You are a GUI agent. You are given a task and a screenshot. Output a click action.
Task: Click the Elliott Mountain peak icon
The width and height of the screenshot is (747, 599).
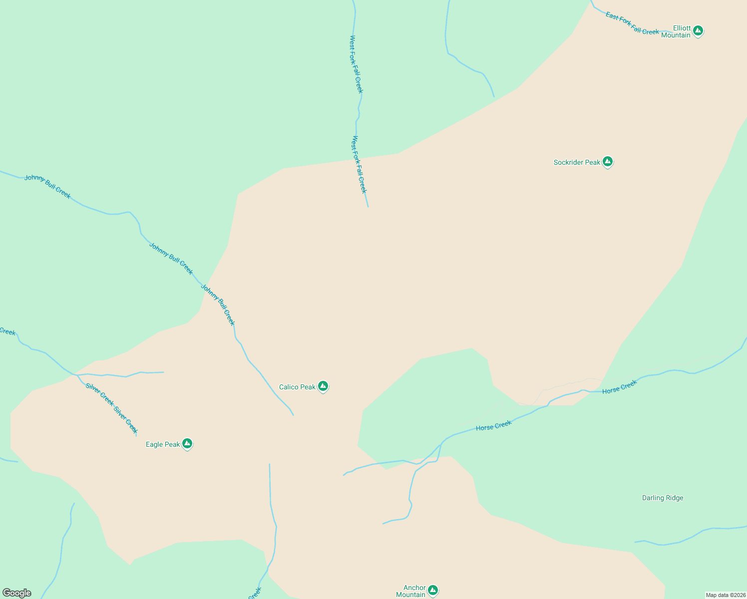(698, 31)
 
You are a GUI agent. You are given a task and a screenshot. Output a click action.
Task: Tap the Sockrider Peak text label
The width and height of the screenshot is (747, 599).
(577, 162)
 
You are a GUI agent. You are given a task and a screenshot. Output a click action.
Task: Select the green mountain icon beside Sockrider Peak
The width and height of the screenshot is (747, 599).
(607, 162)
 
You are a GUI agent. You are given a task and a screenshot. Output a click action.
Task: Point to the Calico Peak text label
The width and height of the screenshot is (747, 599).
(297, 387)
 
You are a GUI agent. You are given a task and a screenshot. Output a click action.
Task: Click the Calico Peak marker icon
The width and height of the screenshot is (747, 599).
(323, 386)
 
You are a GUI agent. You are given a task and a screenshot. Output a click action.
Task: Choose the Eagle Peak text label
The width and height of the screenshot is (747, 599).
(163, 444)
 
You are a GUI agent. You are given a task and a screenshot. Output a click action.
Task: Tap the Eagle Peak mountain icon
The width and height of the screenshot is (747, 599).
(187, 443)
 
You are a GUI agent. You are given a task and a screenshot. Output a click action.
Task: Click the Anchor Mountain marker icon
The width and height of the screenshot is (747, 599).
(433, 591)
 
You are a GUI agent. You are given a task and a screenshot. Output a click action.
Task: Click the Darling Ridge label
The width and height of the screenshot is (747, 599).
(663, 498)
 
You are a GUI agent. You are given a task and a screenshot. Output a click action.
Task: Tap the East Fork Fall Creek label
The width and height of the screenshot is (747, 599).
(632, 23)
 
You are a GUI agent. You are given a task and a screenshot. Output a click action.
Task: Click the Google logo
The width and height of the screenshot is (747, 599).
(17, 593)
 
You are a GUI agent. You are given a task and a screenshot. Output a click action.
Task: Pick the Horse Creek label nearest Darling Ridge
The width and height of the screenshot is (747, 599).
(619, 387)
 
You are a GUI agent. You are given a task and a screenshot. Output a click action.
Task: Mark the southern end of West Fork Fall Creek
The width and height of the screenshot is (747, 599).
(368, 206)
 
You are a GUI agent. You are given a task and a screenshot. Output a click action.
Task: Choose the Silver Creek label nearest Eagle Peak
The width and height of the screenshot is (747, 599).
(125, 420)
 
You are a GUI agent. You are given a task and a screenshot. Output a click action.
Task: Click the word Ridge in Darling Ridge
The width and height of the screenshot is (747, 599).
(674, 498)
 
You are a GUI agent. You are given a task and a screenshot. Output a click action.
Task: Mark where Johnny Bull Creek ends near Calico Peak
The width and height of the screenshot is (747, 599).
(293, 415)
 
